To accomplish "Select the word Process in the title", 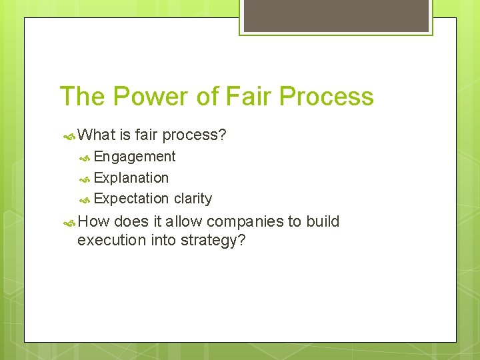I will point(327,96).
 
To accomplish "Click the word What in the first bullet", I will point(97,135).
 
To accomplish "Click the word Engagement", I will point(135,157).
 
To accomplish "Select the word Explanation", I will point(131,178).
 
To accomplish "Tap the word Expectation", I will point(131,199).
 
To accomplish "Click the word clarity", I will point(193,199).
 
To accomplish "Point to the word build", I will point(323,221).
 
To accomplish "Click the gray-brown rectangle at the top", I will point(336,15).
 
